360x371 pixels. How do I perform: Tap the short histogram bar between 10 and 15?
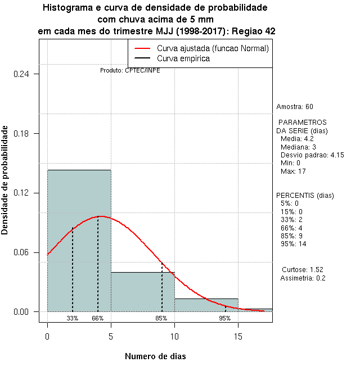[x=206, y=305]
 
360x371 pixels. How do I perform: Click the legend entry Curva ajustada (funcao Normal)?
[x=213, y=49]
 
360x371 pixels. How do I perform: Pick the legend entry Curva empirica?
[x=183, y=58]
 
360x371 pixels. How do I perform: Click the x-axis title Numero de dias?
[x=155, y=356]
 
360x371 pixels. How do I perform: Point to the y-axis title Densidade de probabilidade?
[x=6, y=180]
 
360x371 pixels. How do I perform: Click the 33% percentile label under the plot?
[x=73, y=319]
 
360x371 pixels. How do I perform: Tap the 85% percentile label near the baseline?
[x=161, y=319]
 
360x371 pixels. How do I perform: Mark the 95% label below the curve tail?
[x=225, y=319]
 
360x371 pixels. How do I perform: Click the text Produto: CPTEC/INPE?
[x=130, y=71]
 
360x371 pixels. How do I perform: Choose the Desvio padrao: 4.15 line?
[x=312, y=155]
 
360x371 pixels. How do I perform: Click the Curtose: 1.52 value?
[x=303, y=270]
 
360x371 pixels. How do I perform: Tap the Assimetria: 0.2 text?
[x=303, y=278]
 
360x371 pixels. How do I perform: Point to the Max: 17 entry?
[x=292, y=171]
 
